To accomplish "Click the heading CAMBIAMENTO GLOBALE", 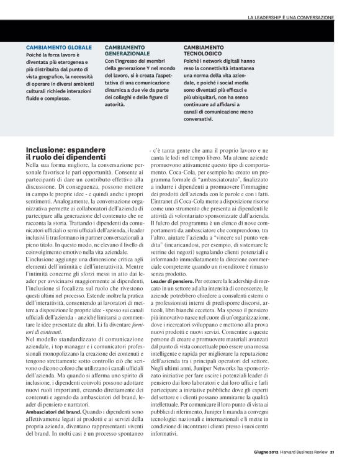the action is pyautogui.click(x=59, y=47).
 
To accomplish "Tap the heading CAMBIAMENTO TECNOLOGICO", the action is pyautogui.click(x=207, y=51).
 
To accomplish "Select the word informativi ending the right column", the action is pyautogui.click(x=164, y=451).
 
